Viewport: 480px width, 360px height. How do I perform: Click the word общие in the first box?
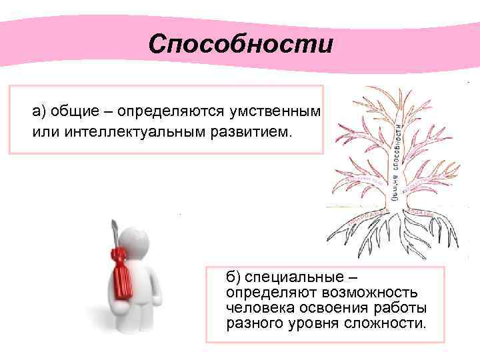pyautogui.click(x=71, y=111)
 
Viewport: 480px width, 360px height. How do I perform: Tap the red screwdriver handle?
pyautogui.click(x=122, y=272)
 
